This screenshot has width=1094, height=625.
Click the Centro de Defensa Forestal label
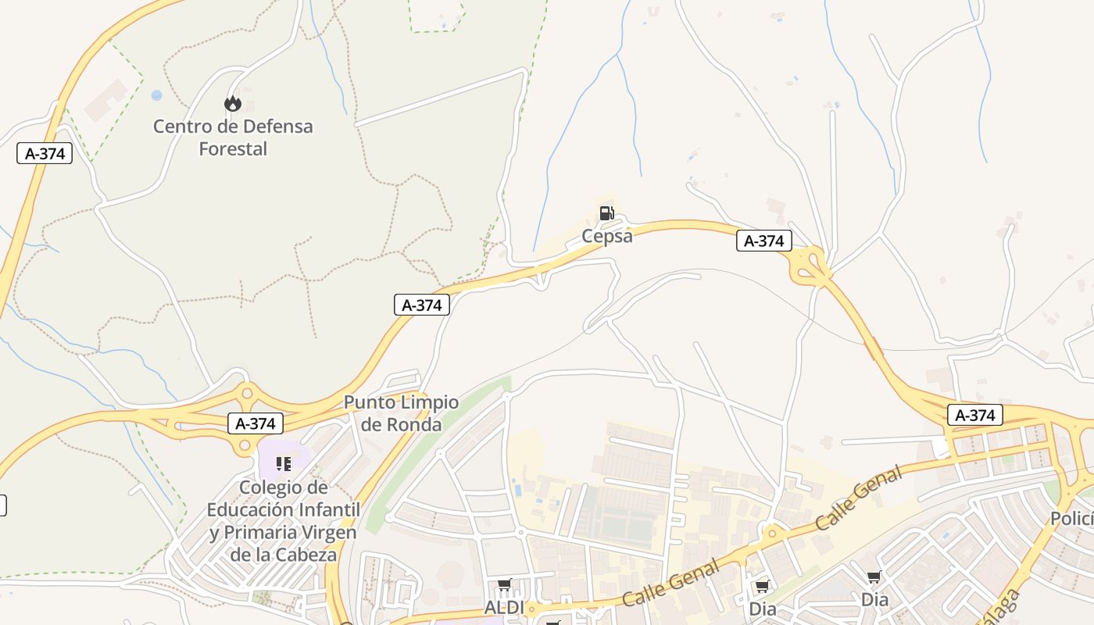click(233, 137)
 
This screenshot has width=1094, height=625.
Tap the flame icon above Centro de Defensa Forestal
click(232, 103)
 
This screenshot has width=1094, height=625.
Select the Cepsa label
click(607, 236)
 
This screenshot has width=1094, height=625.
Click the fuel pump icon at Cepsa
click(606, 212)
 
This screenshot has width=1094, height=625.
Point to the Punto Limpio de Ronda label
click(402, 413)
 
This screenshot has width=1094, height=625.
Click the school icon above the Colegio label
click(284, 464)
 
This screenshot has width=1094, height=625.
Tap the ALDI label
click(504, 608)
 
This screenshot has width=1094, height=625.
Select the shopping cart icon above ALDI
click(505, 584)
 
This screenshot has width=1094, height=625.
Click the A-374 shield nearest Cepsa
click(763, 241)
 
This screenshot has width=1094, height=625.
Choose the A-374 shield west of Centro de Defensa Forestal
click(45, 153)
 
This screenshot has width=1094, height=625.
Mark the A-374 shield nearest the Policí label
click(974, 416)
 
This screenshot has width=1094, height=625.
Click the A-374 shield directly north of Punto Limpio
click(422, 305)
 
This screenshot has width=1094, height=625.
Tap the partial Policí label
click(1071, 519)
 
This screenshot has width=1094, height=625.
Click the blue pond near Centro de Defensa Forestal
click(157, 95)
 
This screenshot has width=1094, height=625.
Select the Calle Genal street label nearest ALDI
click(671, 584)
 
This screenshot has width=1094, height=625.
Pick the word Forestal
click(233, 148)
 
